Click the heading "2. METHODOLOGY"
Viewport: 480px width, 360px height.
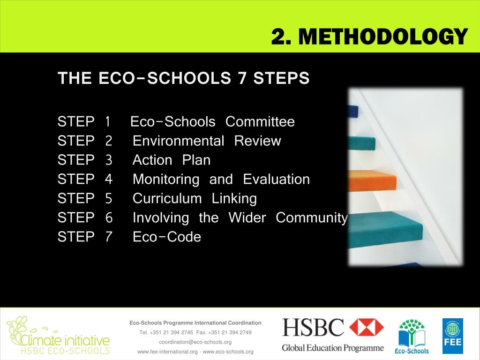pyautogui.click(x=369, y=36)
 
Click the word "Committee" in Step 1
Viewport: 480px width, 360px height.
pyautogui.click(x=260, y=122)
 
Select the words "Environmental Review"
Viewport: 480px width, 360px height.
pyautogui.click(x=207, y=141)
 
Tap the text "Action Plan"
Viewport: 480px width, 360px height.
pyautogui.click(x=172, y=160)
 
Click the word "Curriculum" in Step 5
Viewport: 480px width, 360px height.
pyautogui.click(x=167, y=199)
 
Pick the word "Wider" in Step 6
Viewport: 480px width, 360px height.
pyautogui.click(x=247, y=218)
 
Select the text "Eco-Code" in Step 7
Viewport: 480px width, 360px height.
pyautogui.click(x=167, y=237)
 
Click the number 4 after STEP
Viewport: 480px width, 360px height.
pyautogui.click(x=109, y=180)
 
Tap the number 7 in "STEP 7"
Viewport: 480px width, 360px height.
pyautogui.click(x=109, y=237)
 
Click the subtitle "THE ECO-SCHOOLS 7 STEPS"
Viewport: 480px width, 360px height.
pyautogui.click(x=183, y=78)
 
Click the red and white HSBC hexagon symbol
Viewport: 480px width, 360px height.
pyautogui.click(x=367, y=327)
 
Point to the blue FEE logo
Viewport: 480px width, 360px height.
pyautogui.click(x=452, y=336)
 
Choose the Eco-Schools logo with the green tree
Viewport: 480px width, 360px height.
pyautogui.click(x=412, y=336)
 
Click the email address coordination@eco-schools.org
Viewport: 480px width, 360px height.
pyautogui.click(x=195, y=342)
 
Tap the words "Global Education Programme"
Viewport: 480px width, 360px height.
pyautogui.click(x=332, y=348)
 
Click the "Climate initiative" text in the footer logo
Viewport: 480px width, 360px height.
pyautogui.click(x=65, y=339)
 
